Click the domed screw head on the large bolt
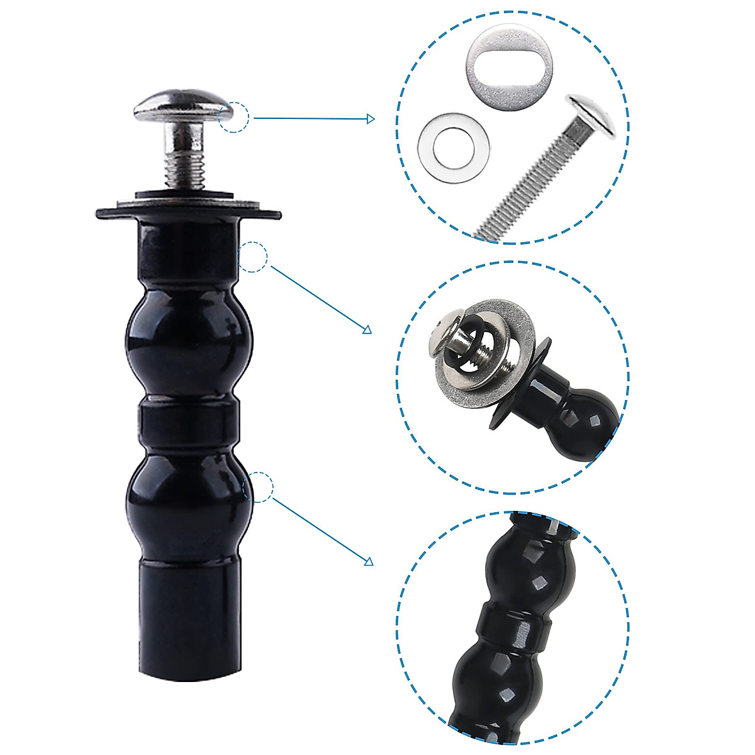click(182, 108)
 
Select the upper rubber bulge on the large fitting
click(189, 340)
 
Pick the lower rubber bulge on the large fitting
click(189, 497)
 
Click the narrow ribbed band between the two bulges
click(189, 423)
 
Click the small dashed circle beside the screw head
click(234, 117)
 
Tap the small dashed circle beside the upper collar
click(253, 257)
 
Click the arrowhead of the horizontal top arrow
click(371, 119)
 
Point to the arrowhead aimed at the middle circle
click(367, 330)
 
